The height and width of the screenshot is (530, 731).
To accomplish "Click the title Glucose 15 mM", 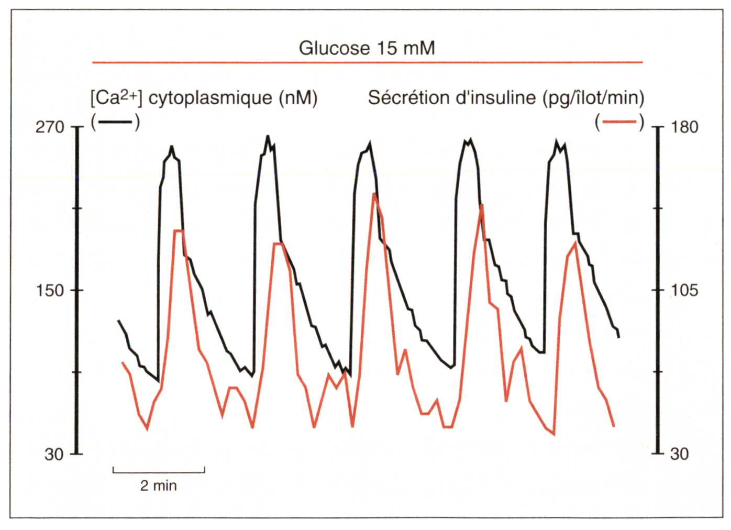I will (367, 48).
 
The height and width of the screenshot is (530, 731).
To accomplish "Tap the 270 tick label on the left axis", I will (50, 127).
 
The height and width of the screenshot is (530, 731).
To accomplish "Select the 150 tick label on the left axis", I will (50, 290).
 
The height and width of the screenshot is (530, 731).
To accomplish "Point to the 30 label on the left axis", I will (54, 454).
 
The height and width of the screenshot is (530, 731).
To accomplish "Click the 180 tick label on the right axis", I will (684, 127).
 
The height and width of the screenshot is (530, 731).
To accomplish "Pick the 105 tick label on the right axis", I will (684, 290).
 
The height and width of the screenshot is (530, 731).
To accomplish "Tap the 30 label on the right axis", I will (680, 454).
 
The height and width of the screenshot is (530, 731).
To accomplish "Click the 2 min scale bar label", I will (158, 486).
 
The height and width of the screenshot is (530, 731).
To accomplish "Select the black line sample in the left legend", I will (115, 122).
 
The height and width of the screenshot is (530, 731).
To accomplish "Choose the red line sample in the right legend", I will (619, 122).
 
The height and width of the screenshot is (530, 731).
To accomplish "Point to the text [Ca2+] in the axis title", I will (116, 98).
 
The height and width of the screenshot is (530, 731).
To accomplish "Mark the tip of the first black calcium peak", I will (171, 147).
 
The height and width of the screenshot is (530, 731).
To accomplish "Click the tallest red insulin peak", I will (373, 194).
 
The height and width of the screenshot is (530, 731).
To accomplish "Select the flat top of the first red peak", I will (178, 230).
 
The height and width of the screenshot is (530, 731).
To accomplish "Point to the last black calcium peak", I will (556, 141).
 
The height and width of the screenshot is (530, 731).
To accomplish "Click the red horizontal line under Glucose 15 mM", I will (367, 62).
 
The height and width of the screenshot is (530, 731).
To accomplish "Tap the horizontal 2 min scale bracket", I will (158, 472).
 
